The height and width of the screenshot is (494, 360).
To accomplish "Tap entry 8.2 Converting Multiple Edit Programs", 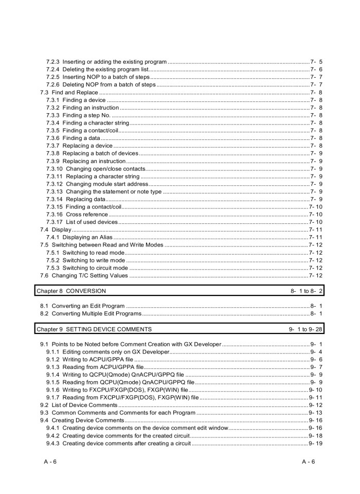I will [x=91, y=313].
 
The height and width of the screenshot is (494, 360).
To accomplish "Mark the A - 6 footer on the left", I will [x=50, y=461].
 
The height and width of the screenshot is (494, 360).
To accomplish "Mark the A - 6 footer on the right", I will [x=309, y=461].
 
